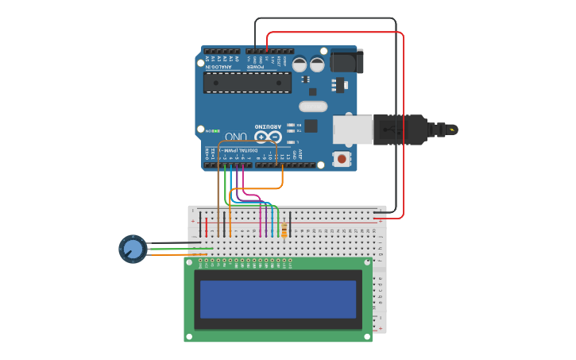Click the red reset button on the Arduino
click(x=342, y=159)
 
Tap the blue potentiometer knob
click(x=133, y=250)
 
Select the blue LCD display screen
click(x=278, y=299)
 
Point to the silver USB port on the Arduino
click(x=352, y=130)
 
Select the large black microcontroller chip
click(x=247, y=83)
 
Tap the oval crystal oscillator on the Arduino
click(x=313, y=106)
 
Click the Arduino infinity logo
click(x=268, y=137)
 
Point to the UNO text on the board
click(x=236, y=137)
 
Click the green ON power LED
click(x=213, y=131)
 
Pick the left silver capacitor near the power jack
click(x=300, y=64)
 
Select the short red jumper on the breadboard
click(x=207, y=226)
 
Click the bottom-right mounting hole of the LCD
click(x=366, y=336)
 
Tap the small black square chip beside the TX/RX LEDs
click(x=311, y=126)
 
